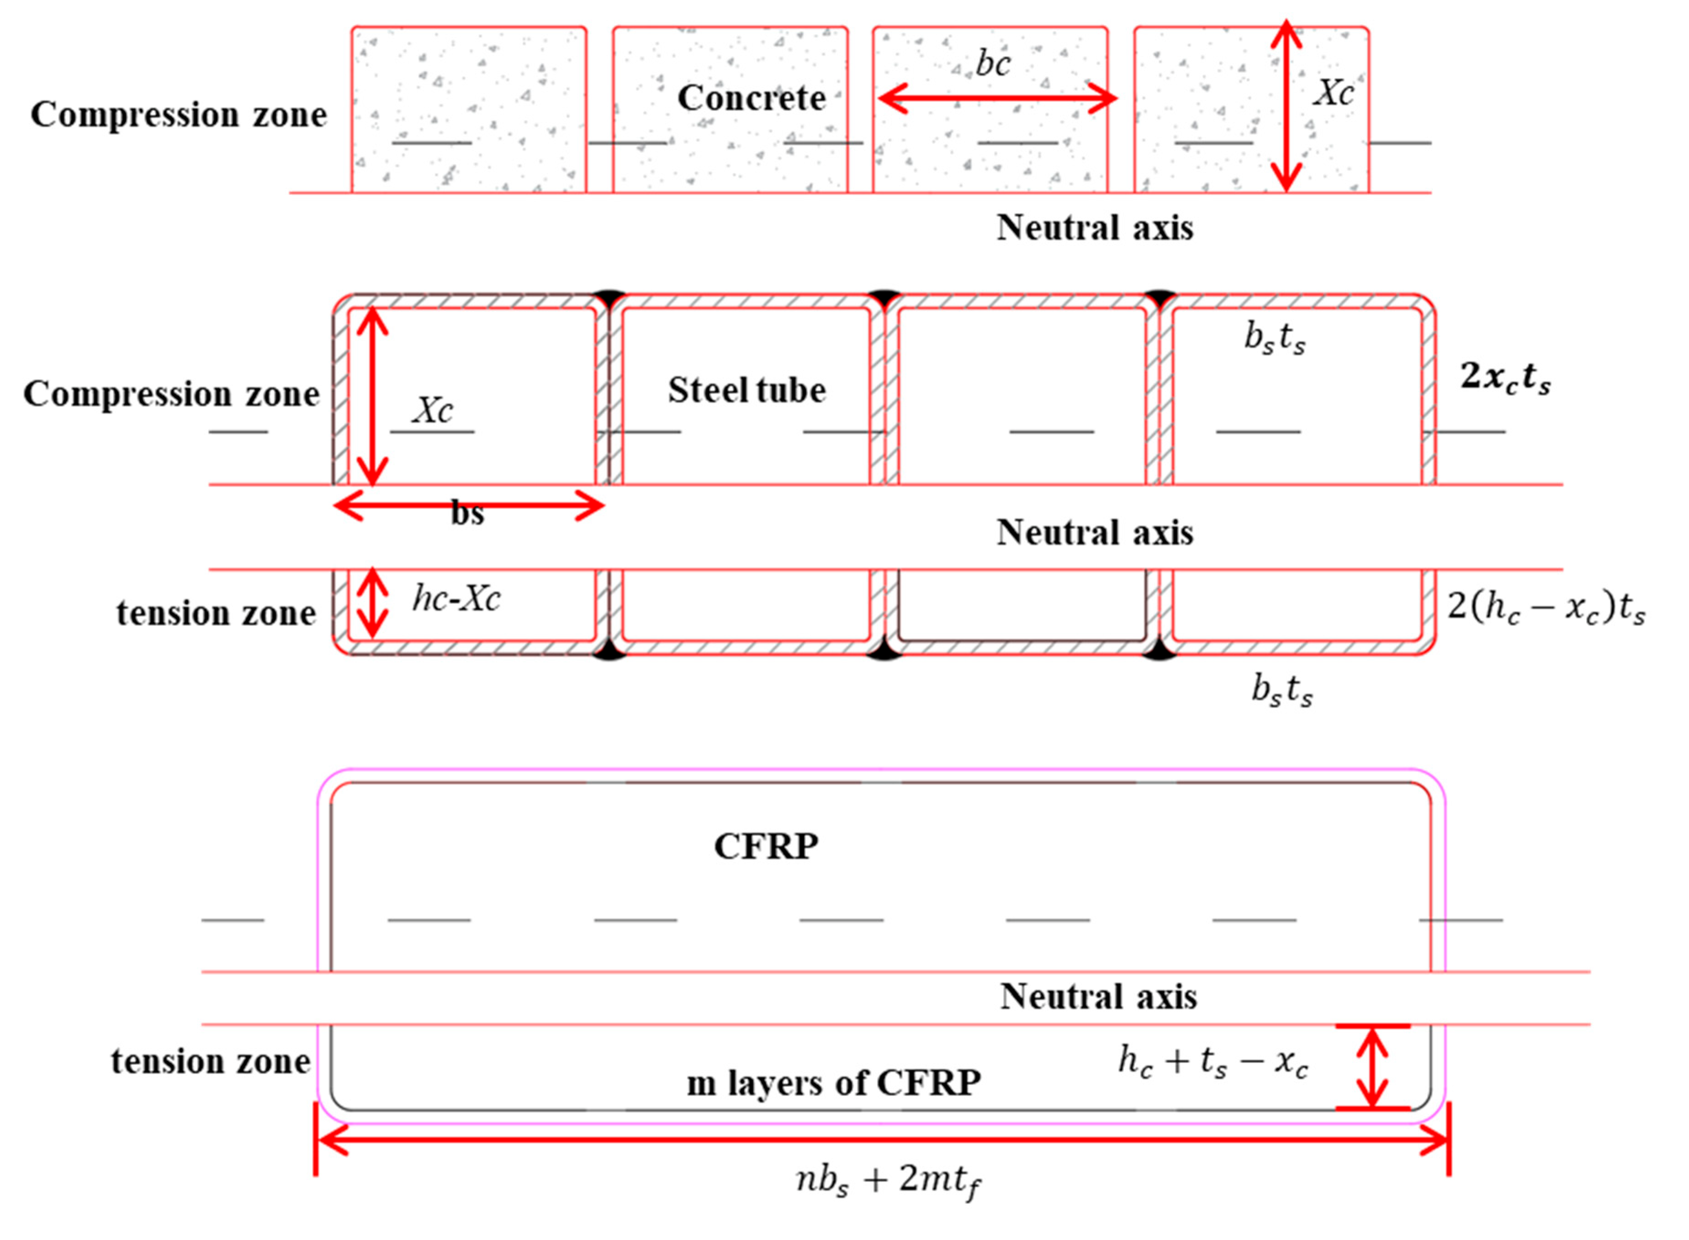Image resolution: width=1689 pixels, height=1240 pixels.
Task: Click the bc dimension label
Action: (992, 64)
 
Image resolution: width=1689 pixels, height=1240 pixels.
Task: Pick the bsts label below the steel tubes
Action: (1281, 689)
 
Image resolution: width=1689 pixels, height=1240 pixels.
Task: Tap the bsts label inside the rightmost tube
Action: (1274, 338)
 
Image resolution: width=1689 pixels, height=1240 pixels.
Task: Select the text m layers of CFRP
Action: (834, 1082)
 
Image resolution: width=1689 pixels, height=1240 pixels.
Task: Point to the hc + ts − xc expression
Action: (1212, 1062)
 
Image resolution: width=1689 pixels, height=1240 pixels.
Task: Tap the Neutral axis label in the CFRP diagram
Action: (1098, 997)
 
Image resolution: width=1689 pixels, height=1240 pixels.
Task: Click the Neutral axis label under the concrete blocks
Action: (1094, 227)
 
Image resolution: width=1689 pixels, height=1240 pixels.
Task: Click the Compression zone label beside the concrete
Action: (179, 115)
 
